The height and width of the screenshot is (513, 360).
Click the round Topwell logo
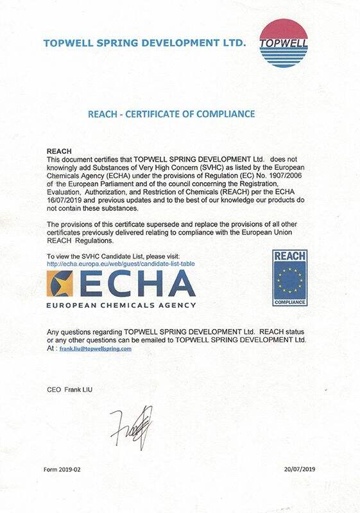click(283, 43)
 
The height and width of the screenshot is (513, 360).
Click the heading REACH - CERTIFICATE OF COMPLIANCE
click(171, 114)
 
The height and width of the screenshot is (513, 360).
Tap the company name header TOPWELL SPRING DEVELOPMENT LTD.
click(144, 44)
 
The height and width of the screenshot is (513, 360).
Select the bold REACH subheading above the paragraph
click(60, 151)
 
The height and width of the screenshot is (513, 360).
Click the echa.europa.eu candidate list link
click(121, 264)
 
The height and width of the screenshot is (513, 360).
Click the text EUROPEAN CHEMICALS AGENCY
click(121, 305)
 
